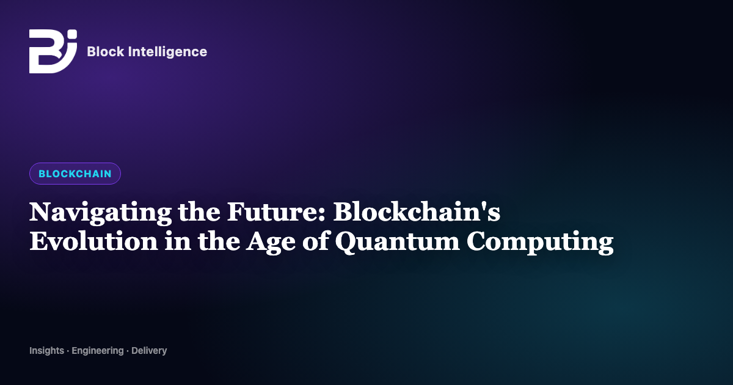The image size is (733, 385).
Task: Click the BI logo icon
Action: tap(53, 51)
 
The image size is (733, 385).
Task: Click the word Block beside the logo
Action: tap(105, 51)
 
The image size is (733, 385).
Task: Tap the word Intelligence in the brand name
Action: tap(167, 53)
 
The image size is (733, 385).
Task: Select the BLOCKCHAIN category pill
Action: tap(75, 174)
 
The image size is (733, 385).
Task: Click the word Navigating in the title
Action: tap(100, 213)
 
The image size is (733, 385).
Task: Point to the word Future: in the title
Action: tap(276, 212)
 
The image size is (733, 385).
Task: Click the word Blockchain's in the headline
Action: tap(417, 211)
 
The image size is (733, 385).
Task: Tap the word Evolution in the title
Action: tap(93, 241)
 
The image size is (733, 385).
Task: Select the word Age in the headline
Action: tap(271, 242)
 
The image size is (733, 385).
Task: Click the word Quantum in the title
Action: tap(397, 241)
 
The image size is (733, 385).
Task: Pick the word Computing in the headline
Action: tap(540, 242)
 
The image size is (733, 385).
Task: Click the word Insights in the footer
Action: tap(47, 351)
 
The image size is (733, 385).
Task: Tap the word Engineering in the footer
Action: tap(98, 351)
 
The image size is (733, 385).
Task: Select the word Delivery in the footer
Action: tap(149, 351)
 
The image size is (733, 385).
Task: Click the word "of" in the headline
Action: tap(315, 241)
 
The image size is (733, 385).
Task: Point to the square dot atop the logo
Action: tap(72, 34)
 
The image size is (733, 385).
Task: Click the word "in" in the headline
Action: tap(178, 241)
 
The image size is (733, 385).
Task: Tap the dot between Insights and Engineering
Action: tap(68, 351)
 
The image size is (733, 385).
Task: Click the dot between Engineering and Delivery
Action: tap(128, 351)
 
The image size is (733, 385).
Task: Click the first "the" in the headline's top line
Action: tap(199, 211)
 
